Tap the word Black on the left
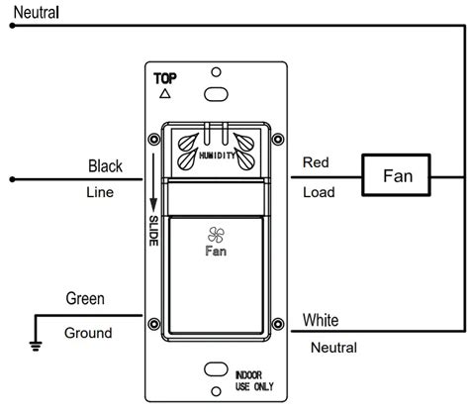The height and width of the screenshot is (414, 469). point(106,165)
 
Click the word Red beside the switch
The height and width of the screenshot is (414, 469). point(316,161)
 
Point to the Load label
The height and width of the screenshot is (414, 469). point(318,192)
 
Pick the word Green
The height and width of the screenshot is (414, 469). point(86,297)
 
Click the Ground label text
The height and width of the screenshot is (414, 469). point(89,333)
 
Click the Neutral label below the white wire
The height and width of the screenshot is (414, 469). point(332,348)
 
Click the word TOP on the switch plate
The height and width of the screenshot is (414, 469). point(165,76)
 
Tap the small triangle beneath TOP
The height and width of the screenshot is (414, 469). point(164,94)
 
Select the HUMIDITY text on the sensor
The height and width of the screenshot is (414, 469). point(216,155)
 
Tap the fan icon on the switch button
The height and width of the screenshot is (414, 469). point(215,234)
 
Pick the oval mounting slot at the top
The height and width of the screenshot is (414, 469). point(215,96)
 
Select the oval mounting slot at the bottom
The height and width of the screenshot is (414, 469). point(215,370)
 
